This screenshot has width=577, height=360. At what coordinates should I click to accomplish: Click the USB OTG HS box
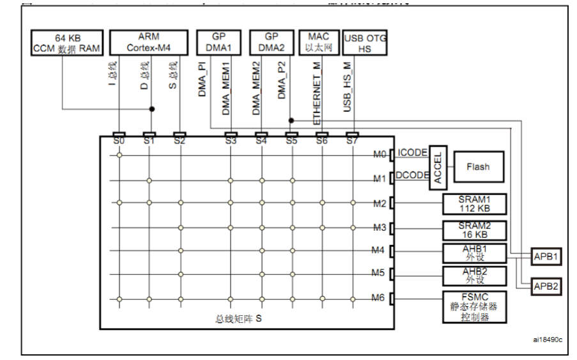(x=365, y=42)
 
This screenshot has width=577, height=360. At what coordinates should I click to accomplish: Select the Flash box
(x=478, y=167)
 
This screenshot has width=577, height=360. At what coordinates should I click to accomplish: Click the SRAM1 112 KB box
(x=474, y=204)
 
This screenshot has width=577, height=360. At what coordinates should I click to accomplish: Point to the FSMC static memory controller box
(x=474, y=306)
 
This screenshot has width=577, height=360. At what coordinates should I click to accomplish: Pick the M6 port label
(x=380, y=299)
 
